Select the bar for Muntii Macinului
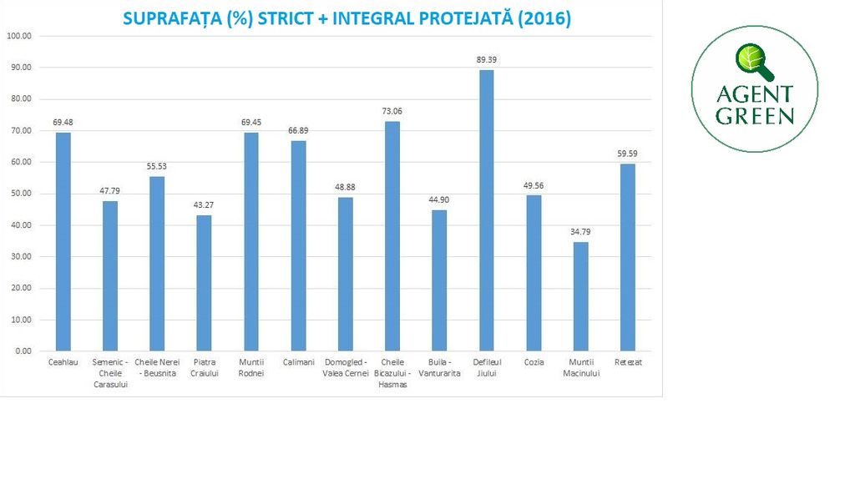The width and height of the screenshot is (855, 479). (580, 296)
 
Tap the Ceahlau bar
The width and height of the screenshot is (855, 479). (63, 242)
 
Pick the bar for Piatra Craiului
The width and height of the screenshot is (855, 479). (204, 283)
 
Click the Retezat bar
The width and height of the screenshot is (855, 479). (627, 257)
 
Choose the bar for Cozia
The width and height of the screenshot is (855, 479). (534, 273)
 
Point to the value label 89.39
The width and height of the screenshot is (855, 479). (486, 60)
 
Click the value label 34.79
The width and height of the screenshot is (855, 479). (580, 231)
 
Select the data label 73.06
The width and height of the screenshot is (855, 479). (392, 111)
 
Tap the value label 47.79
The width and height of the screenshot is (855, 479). (110, 191)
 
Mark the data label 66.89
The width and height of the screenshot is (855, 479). (298, 130)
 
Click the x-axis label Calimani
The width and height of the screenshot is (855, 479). (298, 362)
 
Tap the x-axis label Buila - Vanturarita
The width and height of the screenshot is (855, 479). (439, 368)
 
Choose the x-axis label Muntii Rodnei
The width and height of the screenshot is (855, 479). (251, 368)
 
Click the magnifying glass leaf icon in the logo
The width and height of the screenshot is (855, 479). (751, 60)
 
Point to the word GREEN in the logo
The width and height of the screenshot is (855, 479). (755, 115)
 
